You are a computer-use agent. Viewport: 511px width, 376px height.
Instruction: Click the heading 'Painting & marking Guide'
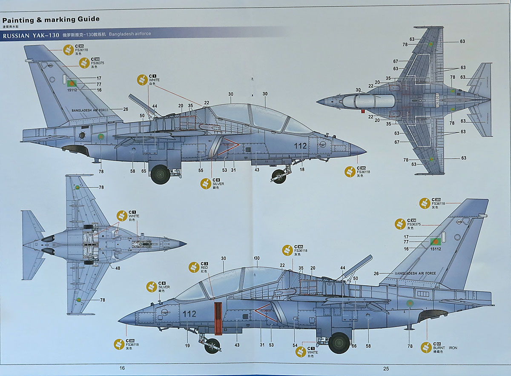point(51,19)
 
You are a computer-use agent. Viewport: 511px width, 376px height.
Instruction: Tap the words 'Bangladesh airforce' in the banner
point(130,34)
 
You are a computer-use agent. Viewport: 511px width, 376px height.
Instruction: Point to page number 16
point(122,368)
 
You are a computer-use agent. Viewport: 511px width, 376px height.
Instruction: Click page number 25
point(386,368)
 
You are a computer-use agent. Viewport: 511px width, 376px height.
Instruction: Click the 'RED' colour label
point(204,268)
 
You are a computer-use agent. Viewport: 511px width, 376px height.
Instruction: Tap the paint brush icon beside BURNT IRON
point(426,348)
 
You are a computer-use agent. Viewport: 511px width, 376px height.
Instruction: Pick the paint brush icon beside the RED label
point(193,267)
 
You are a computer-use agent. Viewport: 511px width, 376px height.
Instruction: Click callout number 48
point(118,268)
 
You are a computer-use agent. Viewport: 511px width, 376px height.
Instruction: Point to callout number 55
point(201,170)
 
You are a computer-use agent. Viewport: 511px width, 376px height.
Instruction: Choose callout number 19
point(187,346)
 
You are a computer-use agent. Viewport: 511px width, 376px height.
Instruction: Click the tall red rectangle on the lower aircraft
point(218,316)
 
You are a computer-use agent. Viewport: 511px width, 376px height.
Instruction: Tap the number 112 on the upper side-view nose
point(300,145)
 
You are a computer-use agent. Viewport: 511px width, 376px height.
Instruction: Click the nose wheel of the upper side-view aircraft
point(279,177)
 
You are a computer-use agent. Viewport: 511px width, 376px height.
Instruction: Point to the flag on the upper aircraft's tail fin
point(71,83)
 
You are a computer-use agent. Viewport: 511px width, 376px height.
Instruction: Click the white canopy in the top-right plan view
point(369,101)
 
